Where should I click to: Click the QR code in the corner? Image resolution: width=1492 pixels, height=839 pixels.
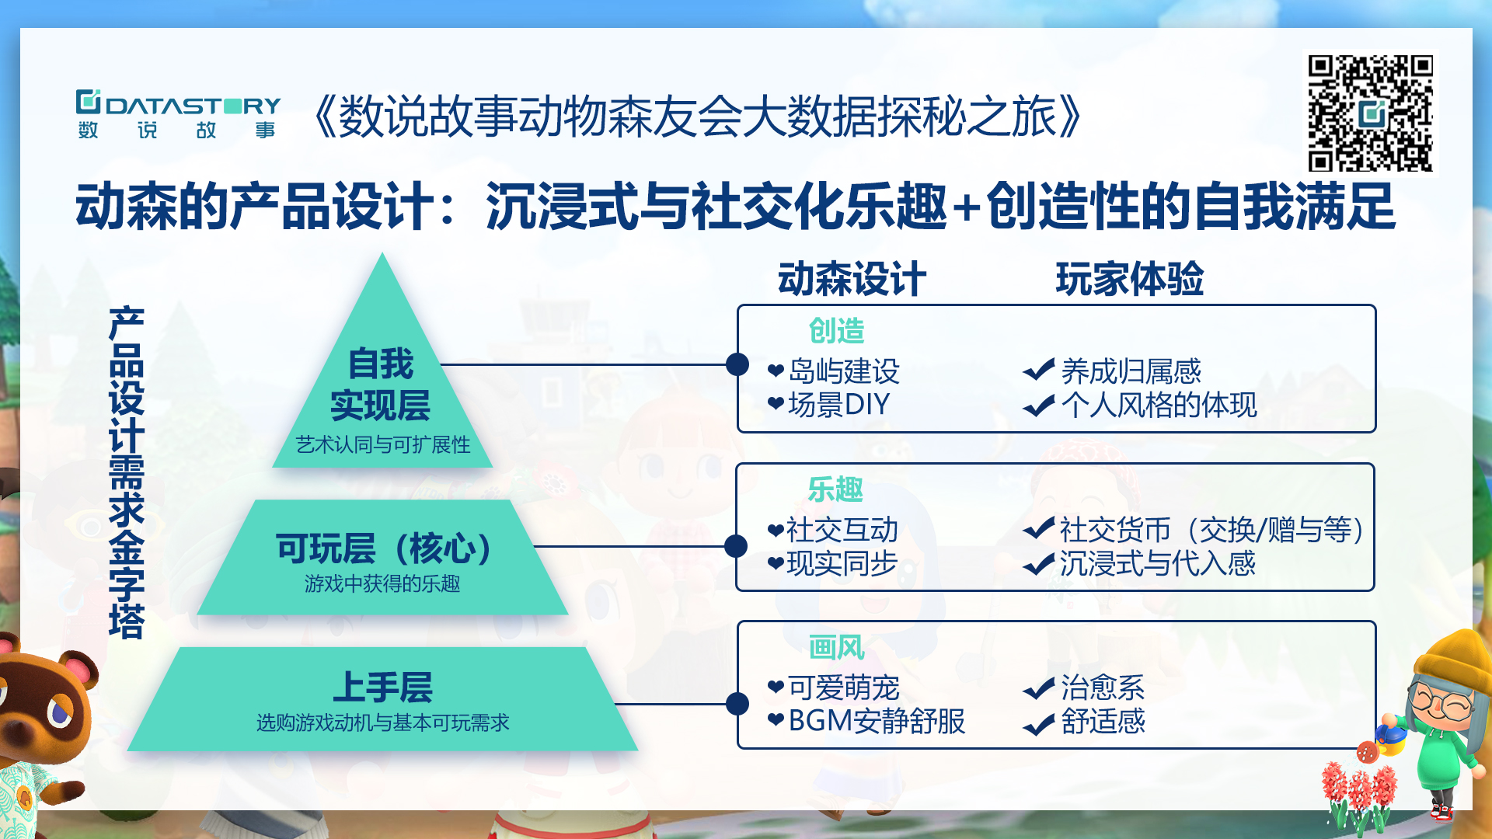click(x=1370, y=113)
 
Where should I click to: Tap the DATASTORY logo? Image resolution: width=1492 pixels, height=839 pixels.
click(x=178, y=114)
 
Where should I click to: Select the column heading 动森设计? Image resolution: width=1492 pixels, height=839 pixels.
click(x=852, y=279)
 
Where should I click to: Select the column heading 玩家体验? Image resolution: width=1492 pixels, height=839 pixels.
click(x=1129, y=279)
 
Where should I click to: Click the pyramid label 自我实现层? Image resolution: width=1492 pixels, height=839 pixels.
click(x=381, y=385)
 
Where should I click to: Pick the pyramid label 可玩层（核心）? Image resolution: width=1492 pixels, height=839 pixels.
click(x=385, y=548)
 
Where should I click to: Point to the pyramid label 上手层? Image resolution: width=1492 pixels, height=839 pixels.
click(x=383, y=687)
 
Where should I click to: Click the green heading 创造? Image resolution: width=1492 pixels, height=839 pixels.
click(x=836, y=331)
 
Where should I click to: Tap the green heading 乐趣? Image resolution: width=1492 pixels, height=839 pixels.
click(x=835, y=489)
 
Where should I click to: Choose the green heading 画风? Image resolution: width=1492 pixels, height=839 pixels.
click(x=836, y=647)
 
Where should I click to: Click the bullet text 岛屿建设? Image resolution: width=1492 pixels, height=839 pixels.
click(x=844, y=371)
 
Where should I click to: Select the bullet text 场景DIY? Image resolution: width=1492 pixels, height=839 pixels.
click(x=839, y=405)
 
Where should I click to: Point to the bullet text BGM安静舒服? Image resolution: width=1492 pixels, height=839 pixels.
click(x=877, y=721)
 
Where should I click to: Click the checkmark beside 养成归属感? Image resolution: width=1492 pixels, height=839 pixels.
click(x=1038, y=370)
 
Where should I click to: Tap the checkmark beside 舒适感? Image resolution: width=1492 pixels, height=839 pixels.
click(x=1038, y=723)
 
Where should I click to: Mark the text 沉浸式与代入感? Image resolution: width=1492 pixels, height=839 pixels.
click(x=1157, y=563)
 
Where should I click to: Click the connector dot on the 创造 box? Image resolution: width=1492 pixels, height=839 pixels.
click(x=737, y=364)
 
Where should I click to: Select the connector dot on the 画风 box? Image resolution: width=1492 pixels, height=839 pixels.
click(x=737, y=704)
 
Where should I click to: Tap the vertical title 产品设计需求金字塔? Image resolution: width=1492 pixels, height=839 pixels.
click(x=127, y=472)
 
